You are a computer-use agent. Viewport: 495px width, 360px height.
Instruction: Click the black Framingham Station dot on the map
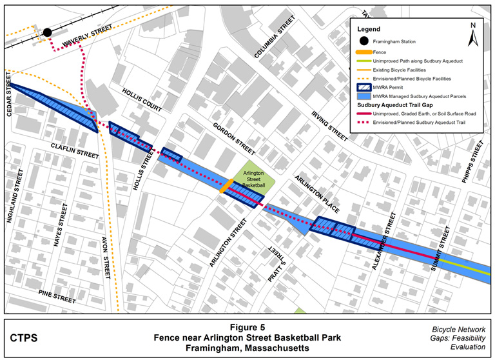click(x=47, y=32)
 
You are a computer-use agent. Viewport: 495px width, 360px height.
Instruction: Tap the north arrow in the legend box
click(x=472, y=34)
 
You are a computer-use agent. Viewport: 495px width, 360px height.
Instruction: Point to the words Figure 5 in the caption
click(x=247, y=327)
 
